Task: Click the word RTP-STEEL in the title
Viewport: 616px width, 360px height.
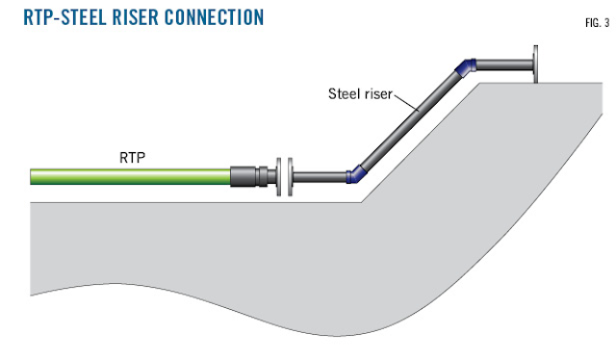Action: tap(65, 17)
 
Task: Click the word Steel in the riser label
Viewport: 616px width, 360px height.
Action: tap(341, 93)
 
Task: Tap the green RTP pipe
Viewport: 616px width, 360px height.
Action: tap(130, 176)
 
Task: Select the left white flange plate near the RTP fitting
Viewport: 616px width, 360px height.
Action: tap(277, 177)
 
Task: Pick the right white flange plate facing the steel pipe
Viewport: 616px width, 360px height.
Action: tap(289, 177)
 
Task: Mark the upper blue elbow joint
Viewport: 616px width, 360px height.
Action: tap(465, 66)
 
